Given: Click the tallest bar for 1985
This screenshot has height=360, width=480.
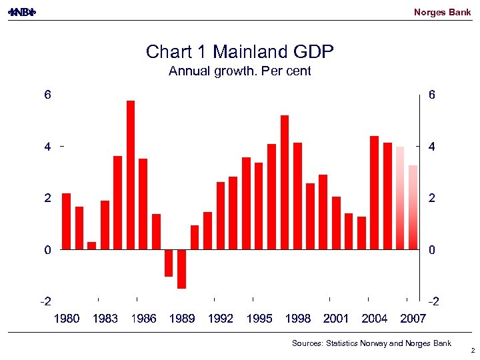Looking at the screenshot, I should click(131, 175).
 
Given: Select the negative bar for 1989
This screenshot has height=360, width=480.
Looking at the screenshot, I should click(181, 269).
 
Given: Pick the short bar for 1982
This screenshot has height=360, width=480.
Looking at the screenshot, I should click(92, 245).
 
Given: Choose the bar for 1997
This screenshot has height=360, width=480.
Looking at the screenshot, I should click(285, 183).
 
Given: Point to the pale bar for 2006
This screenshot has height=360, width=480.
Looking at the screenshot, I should click(400, 198).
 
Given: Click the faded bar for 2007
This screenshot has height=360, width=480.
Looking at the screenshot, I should click(413, 207).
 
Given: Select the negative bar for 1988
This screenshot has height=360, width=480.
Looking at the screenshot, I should click(169, 263).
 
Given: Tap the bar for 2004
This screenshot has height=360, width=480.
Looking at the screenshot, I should click(374, 193).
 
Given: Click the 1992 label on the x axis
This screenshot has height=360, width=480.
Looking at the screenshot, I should click(221, 319).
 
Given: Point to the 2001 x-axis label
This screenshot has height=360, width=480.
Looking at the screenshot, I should click(336, 319).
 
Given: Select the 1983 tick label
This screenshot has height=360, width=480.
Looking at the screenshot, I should click(105, 319).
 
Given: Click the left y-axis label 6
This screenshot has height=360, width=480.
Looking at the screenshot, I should click(47, 95).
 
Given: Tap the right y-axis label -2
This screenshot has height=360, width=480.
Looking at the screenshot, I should click(433, 302).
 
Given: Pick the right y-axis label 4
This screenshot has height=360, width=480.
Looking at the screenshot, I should click(433, 147).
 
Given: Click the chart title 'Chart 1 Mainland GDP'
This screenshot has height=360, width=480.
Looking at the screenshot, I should click(239, 52).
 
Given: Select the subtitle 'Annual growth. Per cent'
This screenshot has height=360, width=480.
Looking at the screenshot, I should click(239, 71).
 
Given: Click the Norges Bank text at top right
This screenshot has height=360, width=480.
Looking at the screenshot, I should click(442, 12).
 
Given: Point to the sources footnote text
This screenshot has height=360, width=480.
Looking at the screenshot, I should click(371, 343).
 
